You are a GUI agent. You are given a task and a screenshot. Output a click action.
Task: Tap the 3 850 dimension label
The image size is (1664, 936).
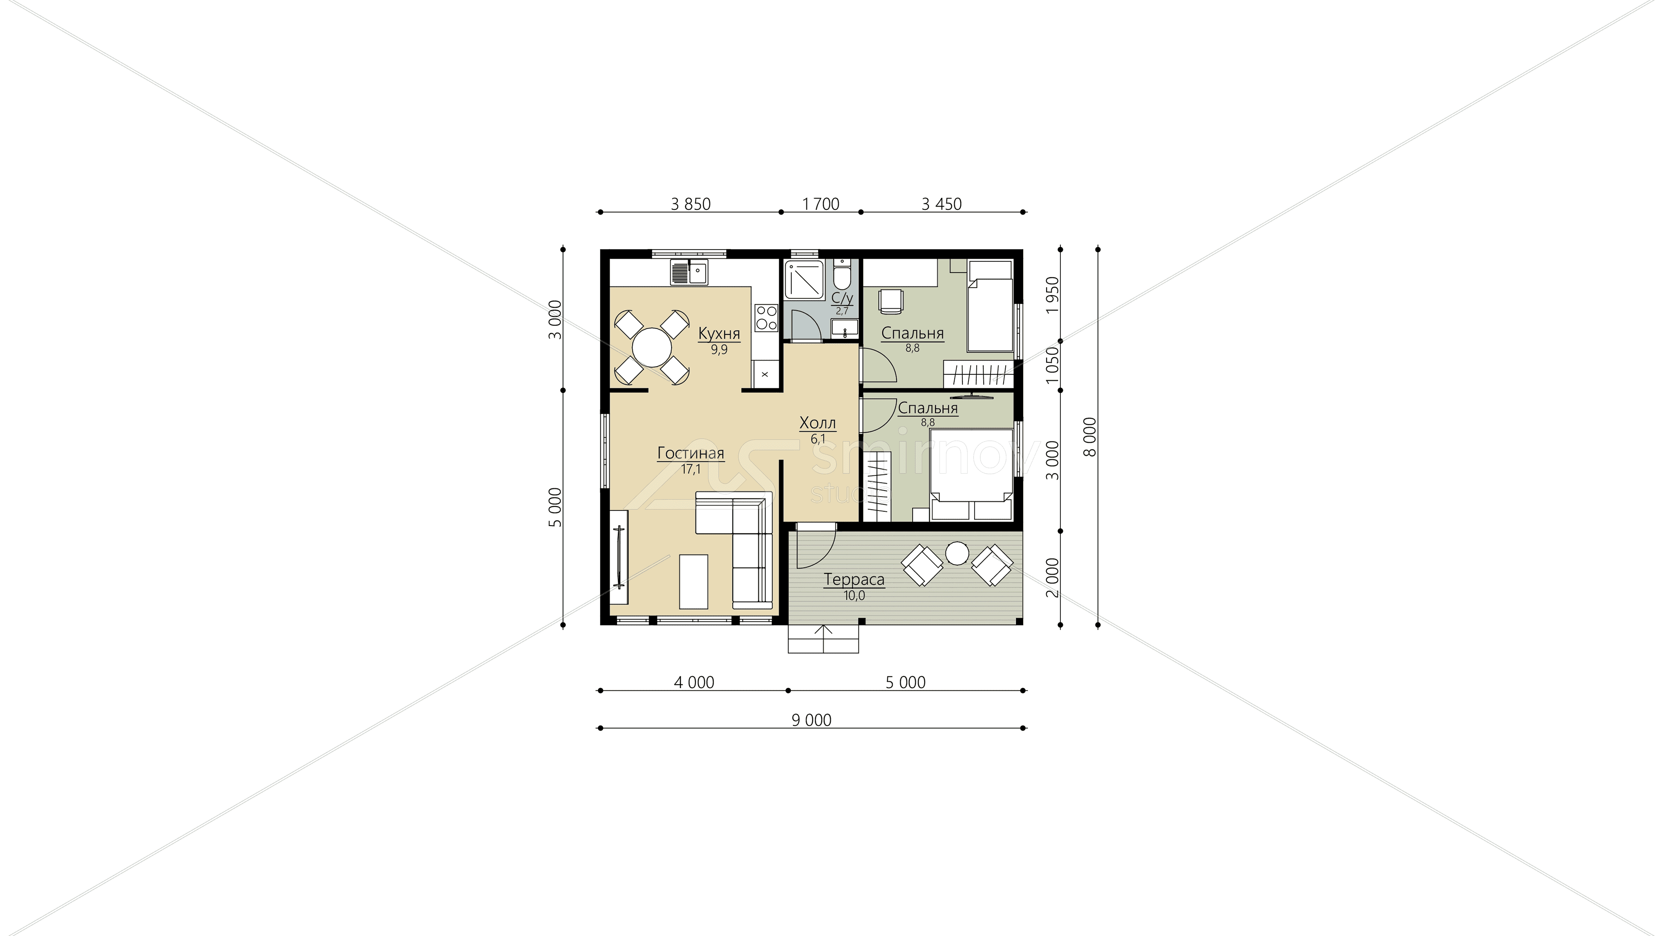691,204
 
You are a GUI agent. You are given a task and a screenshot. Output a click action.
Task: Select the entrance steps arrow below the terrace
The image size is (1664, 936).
824,639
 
